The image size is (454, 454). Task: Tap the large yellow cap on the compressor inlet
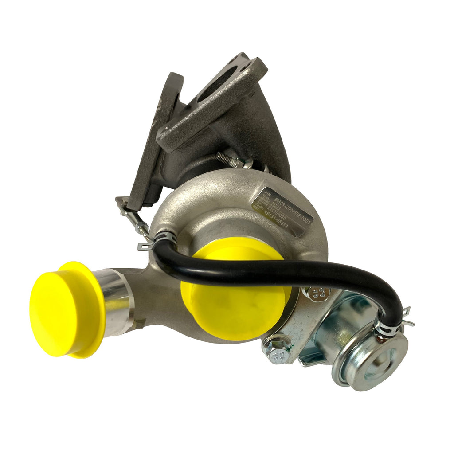(235, 293)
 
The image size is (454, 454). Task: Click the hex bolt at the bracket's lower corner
(277, 355)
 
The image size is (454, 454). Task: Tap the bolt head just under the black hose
(323, 292)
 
